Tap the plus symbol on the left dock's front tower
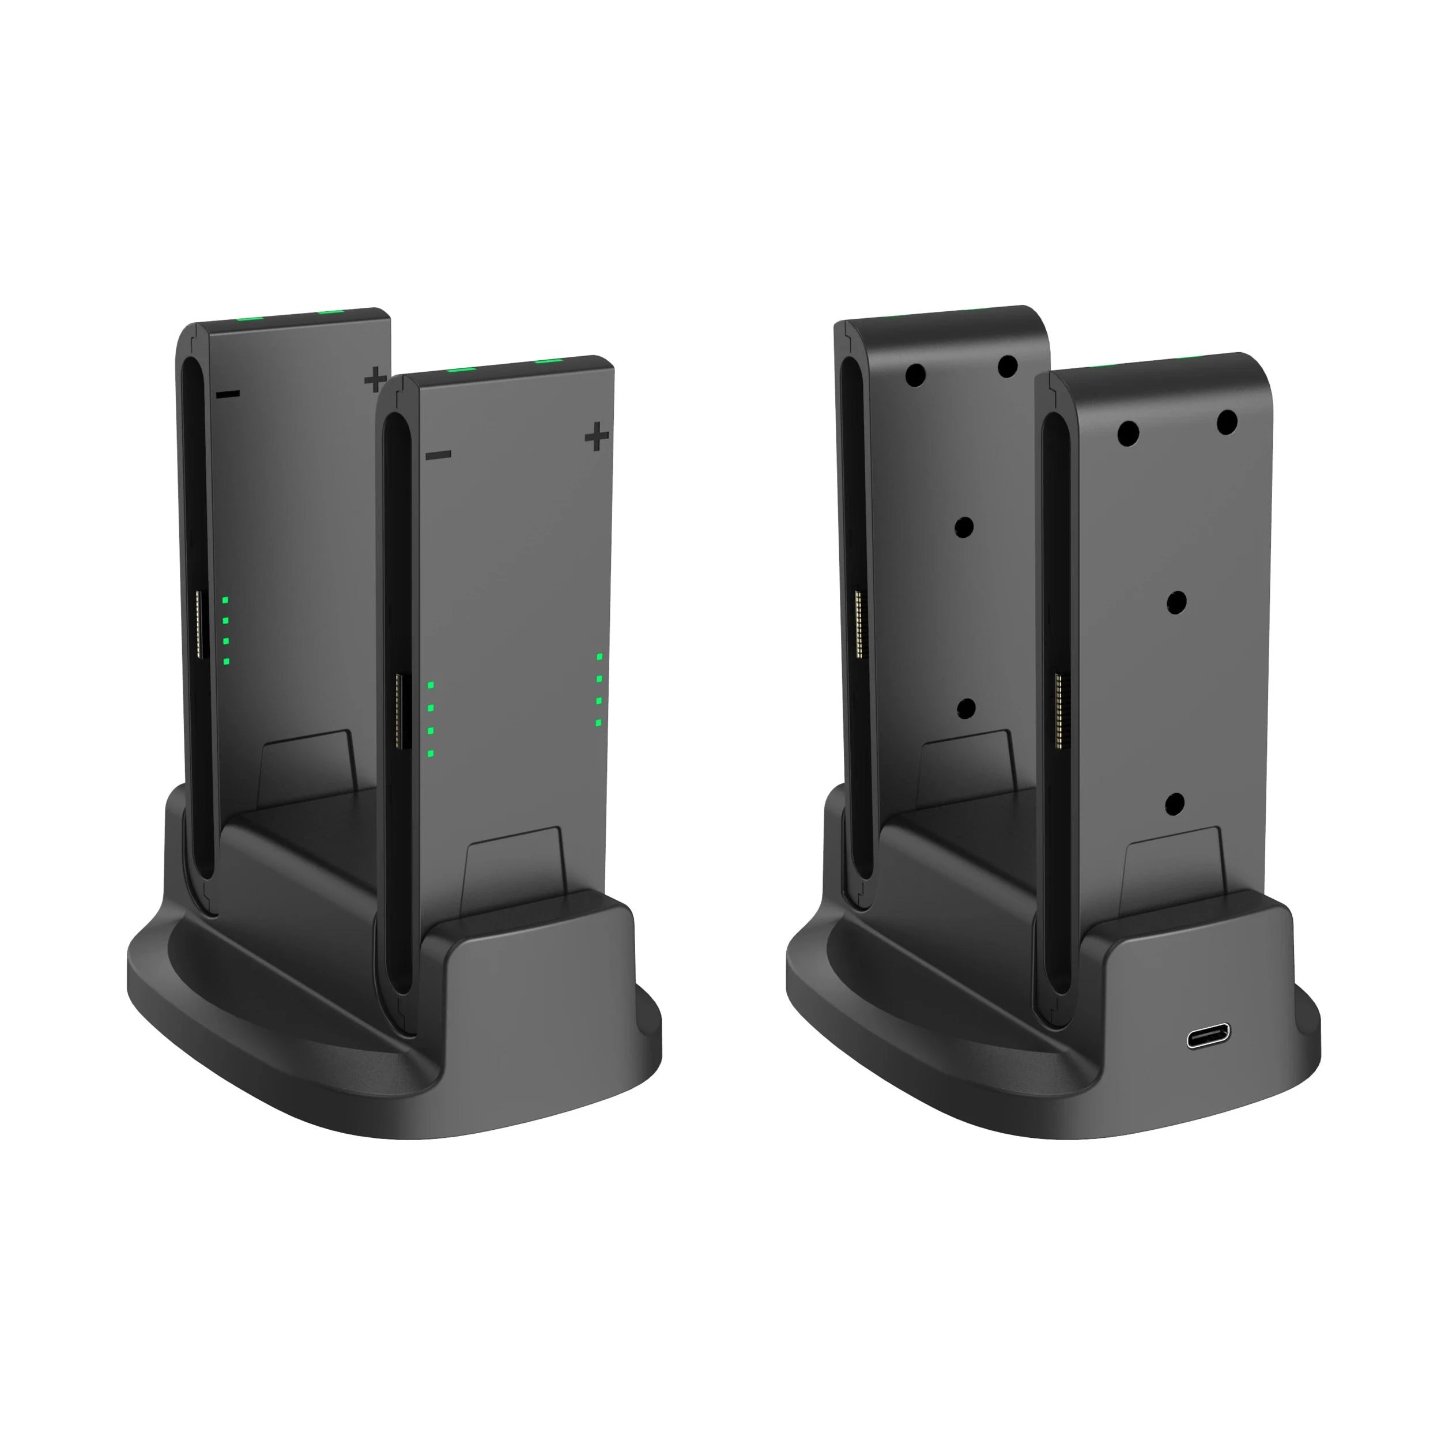pyautogui.click(x=596, y=436)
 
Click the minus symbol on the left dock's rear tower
pyautogui.click(x=228, y=394)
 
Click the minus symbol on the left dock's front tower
pyautogui.click(x=439, y=454)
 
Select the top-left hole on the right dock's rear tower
pyautogui.click(x=915, y=375)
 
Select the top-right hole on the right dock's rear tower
pyautogui.click(x=1008, y=366)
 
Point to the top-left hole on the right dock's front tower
pyautogui.click(x=1129, y=433)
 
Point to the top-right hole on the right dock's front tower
pyautogui.click(x=1227, y=422)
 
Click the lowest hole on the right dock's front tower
pyautogui.click(x=1175, y=804)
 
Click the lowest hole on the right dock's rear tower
pyautogui.click(x=966, y=708)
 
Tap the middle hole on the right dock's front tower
pyautogui.click(x=1177, y=602)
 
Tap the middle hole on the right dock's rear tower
pyautogui.click(x=964, y=527)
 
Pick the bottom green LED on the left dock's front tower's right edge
pyautogui.click(x=599, y=722)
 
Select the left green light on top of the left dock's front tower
pyautogui.click(x=462, y=369)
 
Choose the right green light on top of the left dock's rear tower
pyautogui.click(x=330, y=312)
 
